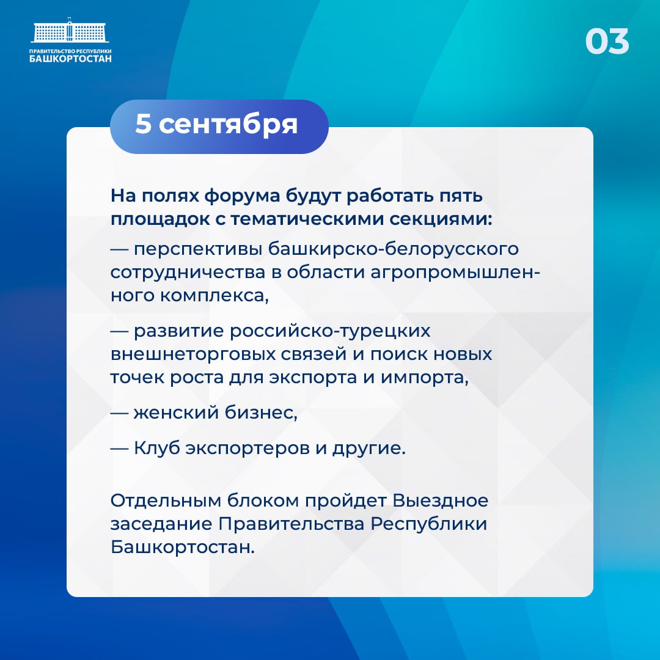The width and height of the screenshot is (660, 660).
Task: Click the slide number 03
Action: [607, 42]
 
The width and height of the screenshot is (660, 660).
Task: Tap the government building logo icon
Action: [70, 30]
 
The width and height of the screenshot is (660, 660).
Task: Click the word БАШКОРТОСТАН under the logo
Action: [70, 59]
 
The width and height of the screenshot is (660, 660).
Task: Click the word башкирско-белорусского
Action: [394, 249]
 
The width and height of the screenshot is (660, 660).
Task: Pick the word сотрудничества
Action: [188, 273]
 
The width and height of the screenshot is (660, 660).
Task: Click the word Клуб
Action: [156, 449]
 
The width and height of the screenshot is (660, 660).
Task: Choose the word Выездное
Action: [440, 501]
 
